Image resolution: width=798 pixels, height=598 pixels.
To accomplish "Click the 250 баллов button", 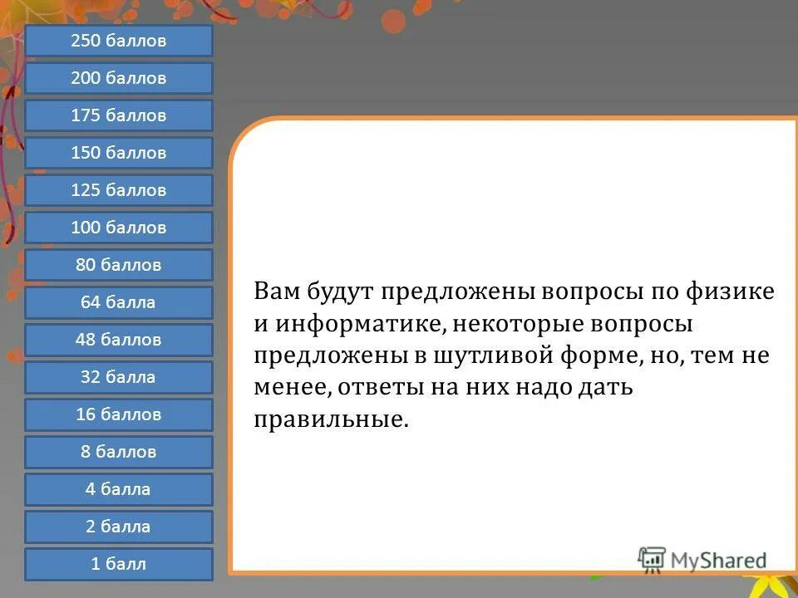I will click(118, 41).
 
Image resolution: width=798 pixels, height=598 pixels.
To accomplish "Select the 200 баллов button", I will click(118, 78).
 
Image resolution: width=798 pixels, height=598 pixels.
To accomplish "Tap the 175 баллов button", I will click(118, 115).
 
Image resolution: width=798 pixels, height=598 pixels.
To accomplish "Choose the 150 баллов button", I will click(118, 153).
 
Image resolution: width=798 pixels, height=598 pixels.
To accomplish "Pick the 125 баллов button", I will click(118, 190).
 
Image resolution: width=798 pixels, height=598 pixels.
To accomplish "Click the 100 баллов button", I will click(118, 228).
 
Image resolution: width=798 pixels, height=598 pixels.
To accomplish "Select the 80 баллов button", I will click(118, 265).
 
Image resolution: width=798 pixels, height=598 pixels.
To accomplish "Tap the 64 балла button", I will click(118, 302).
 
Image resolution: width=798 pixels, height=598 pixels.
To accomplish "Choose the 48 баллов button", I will click(118, 340).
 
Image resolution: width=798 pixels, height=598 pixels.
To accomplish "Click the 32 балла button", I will click(118, 377).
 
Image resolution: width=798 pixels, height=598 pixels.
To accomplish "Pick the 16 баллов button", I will click(118, 414).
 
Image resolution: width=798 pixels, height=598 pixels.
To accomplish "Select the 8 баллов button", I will click(118, 452).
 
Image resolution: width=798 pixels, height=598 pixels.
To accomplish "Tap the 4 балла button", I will click(118, 489).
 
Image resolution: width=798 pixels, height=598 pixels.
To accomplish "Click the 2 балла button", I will click(118, 527).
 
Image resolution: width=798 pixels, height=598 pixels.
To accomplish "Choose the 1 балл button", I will click(118, 564).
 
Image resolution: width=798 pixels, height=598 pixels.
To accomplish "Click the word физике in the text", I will click(730, 292).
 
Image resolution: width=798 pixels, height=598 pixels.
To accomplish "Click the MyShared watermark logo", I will click(702, 561).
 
